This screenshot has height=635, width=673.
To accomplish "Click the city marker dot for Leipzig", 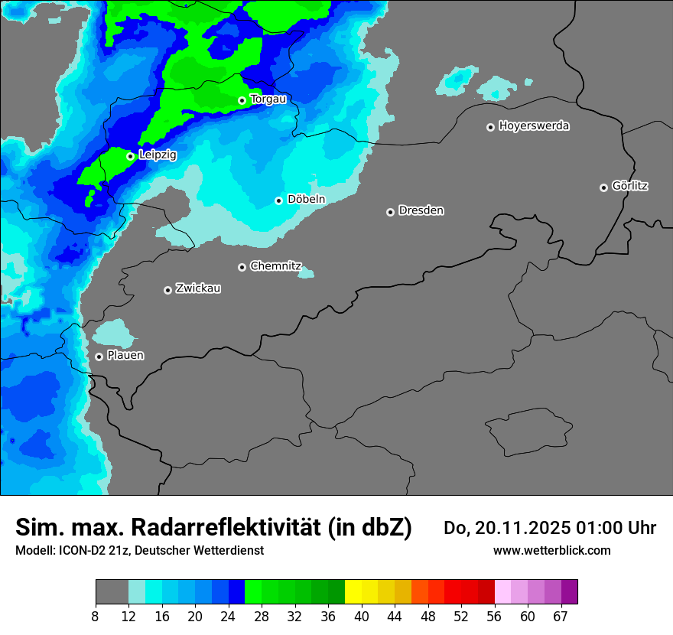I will (130, 156).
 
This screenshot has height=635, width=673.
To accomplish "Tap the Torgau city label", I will (268, 99).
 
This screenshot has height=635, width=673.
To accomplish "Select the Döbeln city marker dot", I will (278, 200).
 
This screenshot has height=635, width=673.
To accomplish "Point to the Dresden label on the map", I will (421, 210).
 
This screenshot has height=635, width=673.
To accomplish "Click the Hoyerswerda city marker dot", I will (490, 127).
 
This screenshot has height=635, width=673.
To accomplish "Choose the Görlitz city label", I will (630, 186).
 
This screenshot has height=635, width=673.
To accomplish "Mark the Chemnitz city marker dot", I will (242, 267).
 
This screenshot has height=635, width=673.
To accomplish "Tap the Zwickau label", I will (198, 288).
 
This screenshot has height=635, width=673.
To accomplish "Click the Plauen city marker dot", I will (99, 357).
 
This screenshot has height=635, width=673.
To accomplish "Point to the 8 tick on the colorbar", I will (95, 617).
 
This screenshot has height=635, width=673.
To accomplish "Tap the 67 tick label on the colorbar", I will (561, 617).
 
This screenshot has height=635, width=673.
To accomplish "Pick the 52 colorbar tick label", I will (461, 617).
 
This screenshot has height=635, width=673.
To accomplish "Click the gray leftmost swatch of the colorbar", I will (112, 592).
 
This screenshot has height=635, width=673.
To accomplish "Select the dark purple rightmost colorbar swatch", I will (569, 592).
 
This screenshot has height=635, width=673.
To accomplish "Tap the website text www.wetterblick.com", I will (551, 551).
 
